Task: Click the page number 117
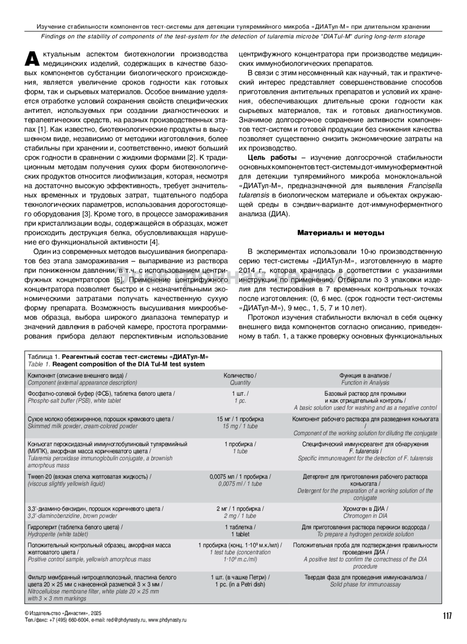pyautogui.click(x=447, y=616)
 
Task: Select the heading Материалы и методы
pyautogui.click(x=341, y=233)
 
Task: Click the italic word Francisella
pyautogui.click(x=425, y=186)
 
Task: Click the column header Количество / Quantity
pyautogui.click(x=240, y=379)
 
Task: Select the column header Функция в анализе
pyautogui.click(x=365, y=375)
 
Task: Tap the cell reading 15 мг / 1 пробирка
pyautogui.click(x=240, y=419)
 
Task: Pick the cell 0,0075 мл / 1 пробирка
pyautogui.click(x=240, y=477)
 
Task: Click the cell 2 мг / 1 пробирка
pyautogui.click(x=240, y=509)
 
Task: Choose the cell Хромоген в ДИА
pyautogui.click(x=365, y=509)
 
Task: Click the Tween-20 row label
pyautogui.click(x=90, y=477)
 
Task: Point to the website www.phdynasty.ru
pyautogui.click(x=167, y=620)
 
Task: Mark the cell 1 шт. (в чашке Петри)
pyautogui.click(x=240, y=577)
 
